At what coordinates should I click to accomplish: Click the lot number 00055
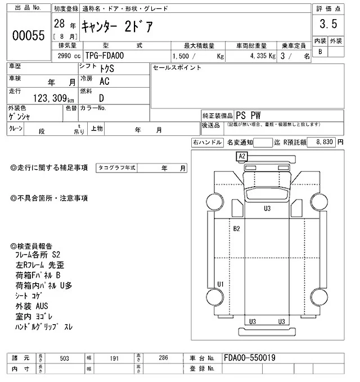click(x=28, y=35)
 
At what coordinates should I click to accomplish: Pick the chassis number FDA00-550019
click(x=249, y=357)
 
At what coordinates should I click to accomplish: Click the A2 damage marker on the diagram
click(x=242, y=156)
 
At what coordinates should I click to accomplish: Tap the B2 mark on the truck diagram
click(x=237, y=229)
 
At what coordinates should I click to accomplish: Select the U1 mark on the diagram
click(x=220, y=283)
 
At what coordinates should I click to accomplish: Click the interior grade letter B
click(x=320, y=52)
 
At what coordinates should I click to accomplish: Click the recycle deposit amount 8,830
click(x=326, y=143)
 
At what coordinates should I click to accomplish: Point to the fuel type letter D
click(x=101, y=98)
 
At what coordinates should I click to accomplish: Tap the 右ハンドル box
click(x=207, y=143)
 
